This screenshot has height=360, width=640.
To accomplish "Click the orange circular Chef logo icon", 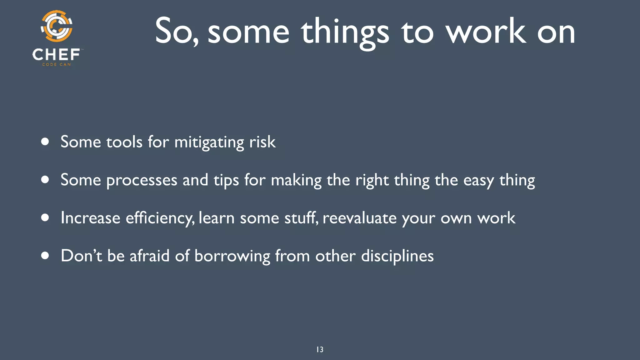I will [57, 26].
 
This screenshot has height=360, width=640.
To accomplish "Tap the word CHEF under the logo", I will [56, 55].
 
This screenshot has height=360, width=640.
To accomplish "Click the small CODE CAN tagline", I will [57, 64].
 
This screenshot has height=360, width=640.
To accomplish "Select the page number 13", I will [320, 349].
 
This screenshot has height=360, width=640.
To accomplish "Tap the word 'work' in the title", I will [485, 31].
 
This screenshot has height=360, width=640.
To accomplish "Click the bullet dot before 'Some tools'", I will [45, 142].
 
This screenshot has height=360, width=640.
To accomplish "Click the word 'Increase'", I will [90, 218].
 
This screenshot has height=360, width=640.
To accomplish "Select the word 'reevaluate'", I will [359, 218].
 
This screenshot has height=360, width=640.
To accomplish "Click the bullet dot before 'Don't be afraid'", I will [45, 256].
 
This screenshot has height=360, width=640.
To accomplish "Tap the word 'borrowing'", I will [232, 256].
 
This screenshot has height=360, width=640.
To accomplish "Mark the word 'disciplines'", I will [397, 256].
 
